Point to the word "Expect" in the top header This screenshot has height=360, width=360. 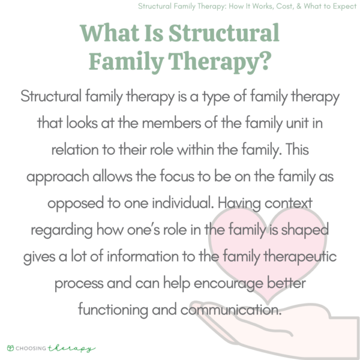pos(341,7)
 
